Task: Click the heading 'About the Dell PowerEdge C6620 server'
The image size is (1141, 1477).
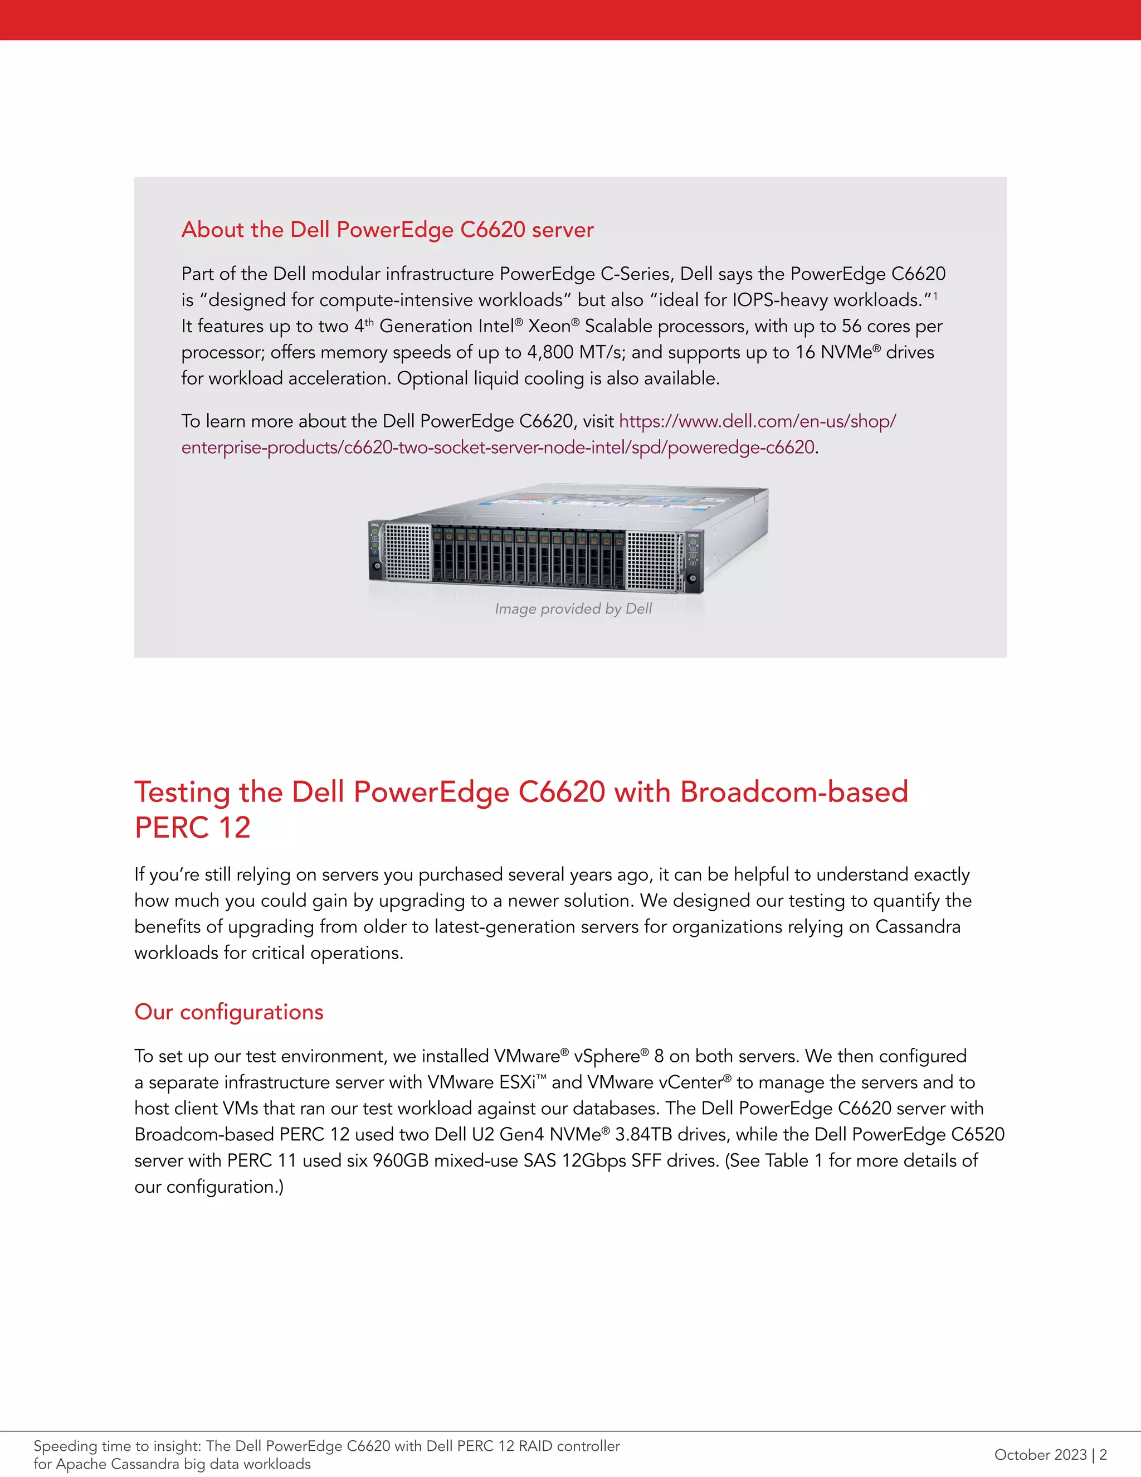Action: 387,230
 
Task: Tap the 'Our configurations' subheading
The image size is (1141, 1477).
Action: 229,1012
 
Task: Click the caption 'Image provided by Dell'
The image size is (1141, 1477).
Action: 573,609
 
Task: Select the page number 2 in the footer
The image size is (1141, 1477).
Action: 1103,1454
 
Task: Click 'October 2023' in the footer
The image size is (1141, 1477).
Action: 1040,1454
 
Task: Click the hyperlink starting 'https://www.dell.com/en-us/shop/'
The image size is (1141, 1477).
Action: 757,421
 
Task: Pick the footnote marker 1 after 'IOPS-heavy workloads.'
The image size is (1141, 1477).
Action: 935,296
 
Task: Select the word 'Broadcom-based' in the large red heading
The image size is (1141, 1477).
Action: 794,792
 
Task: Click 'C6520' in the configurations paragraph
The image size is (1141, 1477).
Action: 977,1134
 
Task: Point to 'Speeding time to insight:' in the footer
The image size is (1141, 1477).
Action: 118,1446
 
